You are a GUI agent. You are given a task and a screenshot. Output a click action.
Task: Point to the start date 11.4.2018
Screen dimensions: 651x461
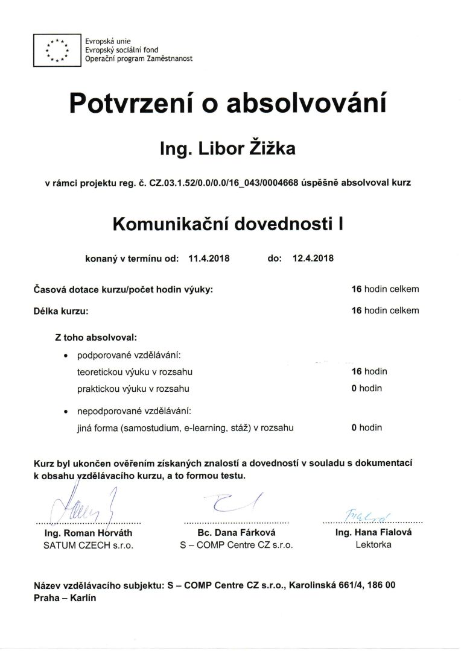point(209,259)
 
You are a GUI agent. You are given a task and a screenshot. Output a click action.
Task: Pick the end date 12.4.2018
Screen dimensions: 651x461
point(313,259)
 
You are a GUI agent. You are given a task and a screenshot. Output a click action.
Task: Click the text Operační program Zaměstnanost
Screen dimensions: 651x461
point(130,59)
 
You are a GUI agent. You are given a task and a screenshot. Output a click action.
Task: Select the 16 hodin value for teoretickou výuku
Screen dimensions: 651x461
point(369,371)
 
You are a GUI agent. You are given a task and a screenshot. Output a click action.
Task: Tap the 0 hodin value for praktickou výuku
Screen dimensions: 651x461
point(366,388)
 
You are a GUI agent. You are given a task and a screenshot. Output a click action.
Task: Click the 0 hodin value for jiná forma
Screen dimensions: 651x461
point(366,428)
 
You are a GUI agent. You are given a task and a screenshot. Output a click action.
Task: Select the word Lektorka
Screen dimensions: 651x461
point(373,544)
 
